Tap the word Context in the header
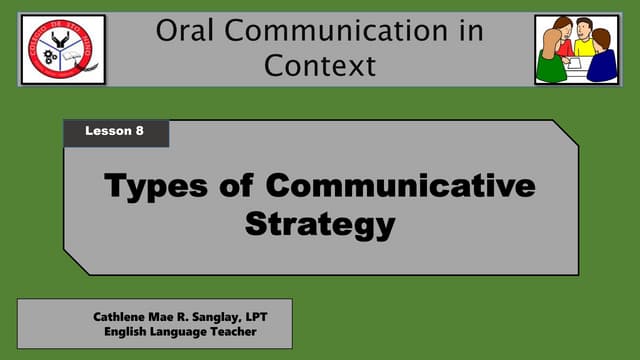point(320,66)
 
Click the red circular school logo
point(63,49)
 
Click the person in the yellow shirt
point(585,44)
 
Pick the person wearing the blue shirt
point(603,60)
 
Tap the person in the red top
point(562,37)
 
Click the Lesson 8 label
point(116,132)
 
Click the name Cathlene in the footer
point(123,316)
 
